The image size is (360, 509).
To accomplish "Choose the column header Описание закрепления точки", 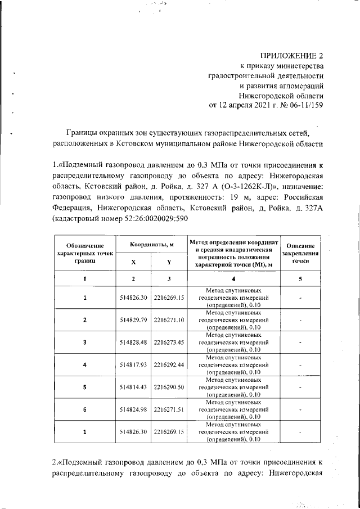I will (x=300, y=254).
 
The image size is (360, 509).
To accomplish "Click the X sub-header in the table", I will (x=133, y=262).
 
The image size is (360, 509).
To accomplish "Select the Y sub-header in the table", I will (x=169, y=262).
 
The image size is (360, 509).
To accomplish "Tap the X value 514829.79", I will (x=133, y=320).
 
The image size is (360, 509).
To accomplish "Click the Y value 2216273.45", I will (x=169, y=342).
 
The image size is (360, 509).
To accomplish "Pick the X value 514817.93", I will (x=133, y=364).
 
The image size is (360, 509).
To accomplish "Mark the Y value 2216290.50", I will (x=169, y=387).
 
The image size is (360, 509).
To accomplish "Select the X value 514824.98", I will (x=133, y=409).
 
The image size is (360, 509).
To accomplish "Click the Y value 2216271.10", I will (x=169, y=320).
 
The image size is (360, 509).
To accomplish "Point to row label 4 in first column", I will (x=84, y=364).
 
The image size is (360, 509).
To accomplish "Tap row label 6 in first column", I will (x=84, y=409).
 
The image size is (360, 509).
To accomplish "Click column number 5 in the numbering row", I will (x=300, y=278).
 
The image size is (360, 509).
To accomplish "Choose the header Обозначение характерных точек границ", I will (x=84, y=254).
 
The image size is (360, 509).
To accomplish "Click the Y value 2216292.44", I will (x=169, y=364).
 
